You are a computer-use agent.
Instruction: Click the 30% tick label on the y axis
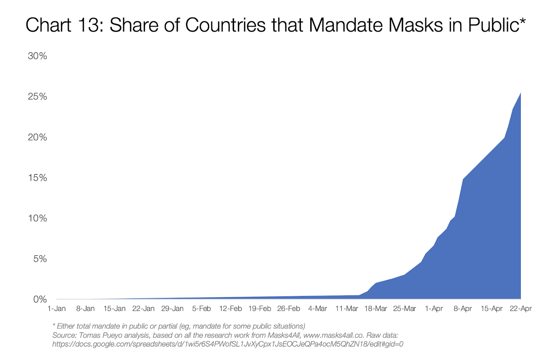(37, 56)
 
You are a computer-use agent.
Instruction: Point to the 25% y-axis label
(37, 97)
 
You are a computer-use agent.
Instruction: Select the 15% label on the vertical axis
(37, 178)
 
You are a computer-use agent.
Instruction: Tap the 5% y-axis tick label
(40, 259)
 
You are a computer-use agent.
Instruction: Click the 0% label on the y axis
(40, 299)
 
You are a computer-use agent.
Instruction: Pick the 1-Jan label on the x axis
(57, 309)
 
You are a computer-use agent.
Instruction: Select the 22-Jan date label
(143, 309)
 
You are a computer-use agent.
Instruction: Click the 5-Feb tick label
(201, 309)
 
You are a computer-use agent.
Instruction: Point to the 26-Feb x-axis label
(288, 309)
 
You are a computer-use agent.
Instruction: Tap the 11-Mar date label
(347, 309)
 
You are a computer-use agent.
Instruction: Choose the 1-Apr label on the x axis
(434, 309)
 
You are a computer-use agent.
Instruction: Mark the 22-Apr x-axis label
(521, 309)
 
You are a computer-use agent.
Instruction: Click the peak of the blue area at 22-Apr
(520, 93)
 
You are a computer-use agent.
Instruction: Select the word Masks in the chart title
(415, 25)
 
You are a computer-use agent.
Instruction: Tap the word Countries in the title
(226, 25)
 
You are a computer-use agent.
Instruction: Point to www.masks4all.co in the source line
(333, 335)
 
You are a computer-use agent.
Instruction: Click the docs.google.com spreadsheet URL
(228, 344)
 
